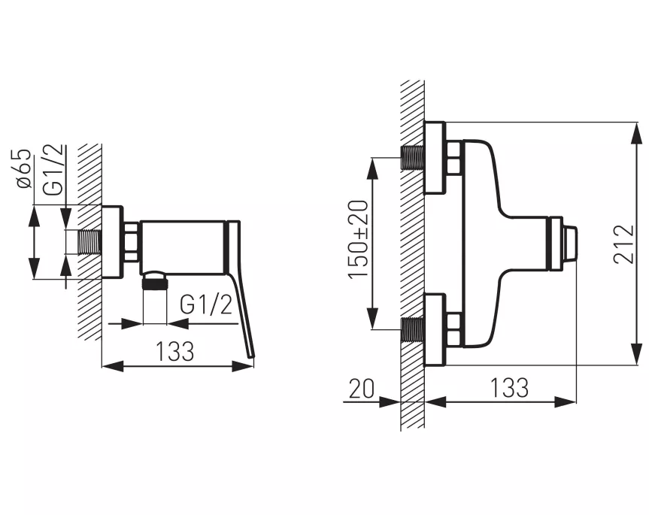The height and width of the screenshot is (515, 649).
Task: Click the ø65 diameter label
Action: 23,168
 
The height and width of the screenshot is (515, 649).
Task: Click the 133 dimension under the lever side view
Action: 174,351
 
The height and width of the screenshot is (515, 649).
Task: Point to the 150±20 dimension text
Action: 358,239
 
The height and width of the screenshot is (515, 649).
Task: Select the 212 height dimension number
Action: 623,244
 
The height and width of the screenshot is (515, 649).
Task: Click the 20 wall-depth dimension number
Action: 362,389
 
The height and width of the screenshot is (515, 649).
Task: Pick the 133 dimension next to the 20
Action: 509,388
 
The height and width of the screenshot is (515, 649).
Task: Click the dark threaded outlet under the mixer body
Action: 155,284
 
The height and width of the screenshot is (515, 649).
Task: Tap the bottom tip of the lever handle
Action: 251,356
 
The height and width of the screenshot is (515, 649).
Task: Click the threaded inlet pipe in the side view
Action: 89,241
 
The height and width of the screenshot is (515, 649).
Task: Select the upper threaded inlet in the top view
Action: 412,158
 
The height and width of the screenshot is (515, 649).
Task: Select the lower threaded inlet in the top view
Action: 412,330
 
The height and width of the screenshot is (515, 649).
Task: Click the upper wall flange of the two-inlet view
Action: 435,158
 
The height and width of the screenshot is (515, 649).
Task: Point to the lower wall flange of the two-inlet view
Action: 435,330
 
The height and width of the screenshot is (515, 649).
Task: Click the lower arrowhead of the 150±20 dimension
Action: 373,319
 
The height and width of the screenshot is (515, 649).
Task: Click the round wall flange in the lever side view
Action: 112,242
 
